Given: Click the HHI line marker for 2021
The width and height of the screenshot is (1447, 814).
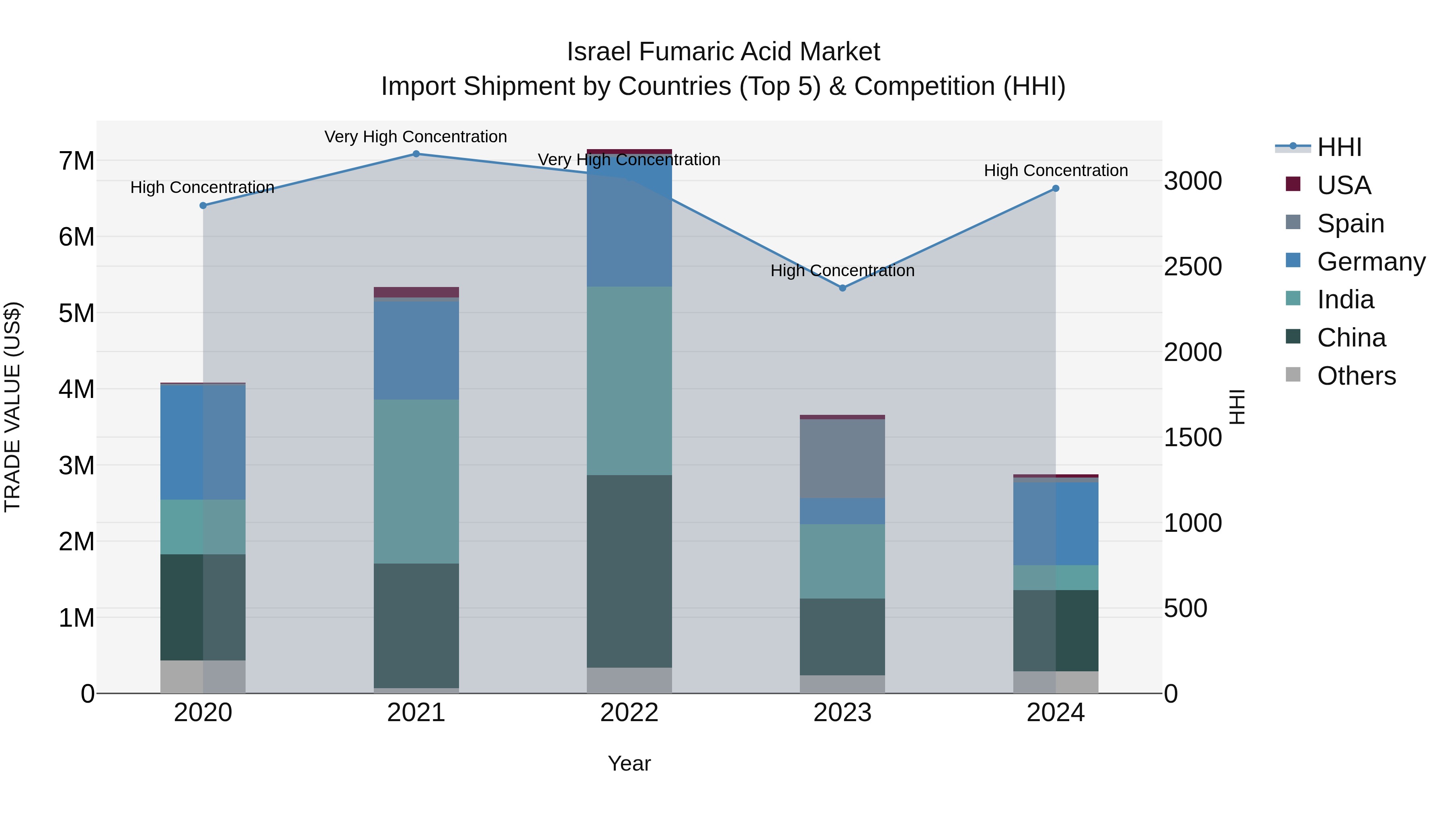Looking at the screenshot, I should point(416,154).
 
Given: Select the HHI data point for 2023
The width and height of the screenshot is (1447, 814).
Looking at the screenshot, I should point(842,288).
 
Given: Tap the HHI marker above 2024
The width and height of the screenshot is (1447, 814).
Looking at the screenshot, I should point(1056,189).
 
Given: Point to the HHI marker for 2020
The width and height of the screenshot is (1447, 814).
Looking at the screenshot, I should point(203,205).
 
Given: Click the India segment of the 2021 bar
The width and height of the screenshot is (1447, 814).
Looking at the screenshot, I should point(416,482).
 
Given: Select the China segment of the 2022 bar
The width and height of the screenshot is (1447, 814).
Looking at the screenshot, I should point(629,571).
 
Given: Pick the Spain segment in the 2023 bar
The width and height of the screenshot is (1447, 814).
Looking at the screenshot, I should point(842,458).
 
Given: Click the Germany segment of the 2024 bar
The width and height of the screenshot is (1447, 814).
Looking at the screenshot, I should point(1056,523).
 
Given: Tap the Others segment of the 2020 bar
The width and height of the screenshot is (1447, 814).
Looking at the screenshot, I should point(203,677).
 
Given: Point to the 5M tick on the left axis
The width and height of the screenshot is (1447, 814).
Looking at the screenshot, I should point(76,313).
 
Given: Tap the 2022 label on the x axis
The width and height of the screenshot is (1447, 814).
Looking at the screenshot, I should point(629,713).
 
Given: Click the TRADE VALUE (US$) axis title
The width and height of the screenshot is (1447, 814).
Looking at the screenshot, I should point(13,407).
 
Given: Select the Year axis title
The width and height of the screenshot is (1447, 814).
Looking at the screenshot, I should point(629,763).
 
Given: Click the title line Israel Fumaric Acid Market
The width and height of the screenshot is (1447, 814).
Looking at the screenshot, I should point(723,52).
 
